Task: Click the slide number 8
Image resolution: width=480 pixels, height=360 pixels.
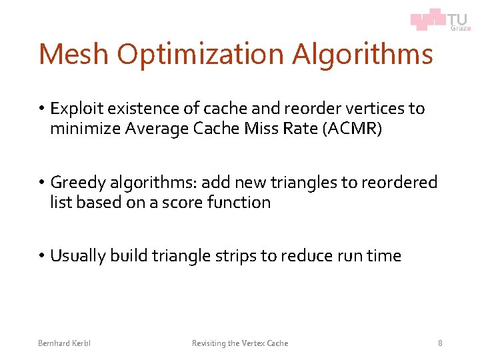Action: click(440, 343)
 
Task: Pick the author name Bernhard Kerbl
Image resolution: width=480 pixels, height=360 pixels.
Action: click(65, 343)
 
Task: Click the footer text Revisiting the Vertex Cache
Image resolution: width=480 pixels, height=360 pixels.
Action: click(240, 343)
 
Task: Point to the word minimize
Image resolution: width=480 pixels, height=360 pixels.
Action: click(85, 129)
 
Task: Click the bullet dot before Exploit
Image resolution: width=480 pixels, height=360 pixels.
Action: click(41, 109)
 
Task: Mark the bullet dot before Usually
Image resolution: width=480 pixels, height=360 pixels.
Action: click(41, 256)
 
